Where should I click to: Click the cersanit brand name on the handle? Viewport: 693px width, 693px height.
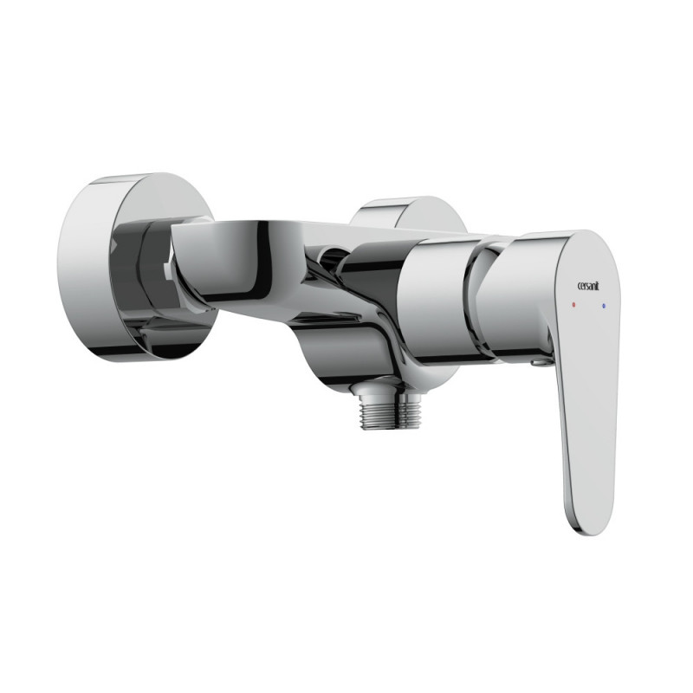(589, 287)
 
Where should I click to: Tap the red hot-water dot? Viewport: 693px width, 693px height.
(573, 305)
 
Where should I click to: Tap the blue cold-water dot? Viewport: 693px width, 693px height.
(603, 306)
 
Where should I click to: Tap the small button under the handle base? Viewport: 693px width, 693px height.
(538, 362)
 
